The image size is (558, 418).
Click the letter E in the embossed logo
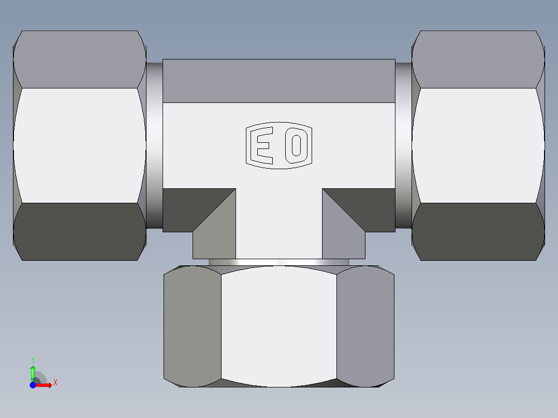click(262, 145)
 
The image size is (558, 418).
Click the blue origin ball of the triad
click(33, 385)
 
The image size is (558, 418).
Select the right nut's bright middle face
click(477, 145)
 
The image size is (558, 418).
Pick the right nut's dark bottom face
click(477, 231)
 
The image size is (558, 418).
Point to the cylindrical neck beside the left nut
click(154, 145)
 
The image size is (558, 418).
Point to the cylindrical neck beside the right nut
click(403, 145)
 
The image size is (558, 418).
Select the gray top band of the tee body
click(278, 80)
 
